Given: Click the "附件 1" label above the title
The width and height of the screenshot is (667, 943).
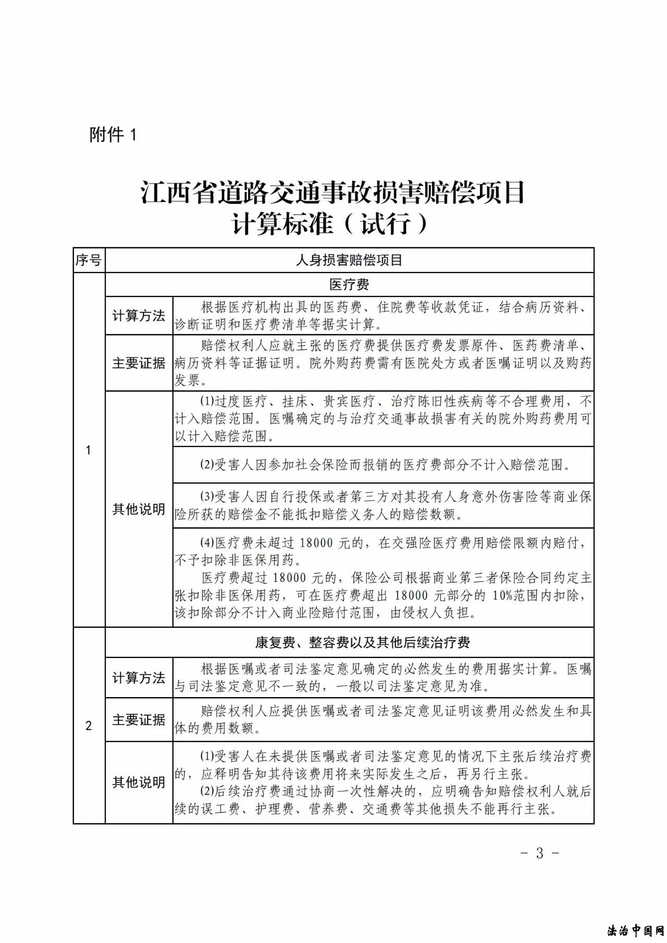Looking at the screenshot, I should point(113,135).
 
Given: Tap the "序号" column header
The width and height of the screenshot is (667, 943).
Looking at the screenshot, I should point(89,260).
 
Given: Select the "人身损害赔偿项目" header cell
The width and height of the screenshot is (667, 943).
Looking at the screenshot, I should point(349,260).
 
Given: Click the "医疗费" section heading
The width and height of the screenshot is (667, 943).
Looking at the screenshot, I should point(349,284).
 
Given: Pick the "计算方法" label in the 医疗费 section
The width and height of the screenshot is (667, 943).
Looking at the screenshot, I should point(139,316).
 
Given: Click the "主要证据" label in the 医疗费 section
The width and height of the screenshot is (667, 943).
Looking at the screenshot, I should point(139,363).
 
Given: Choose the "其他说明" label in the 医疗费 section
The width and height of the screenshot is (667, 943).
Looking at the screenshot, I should point(139,509).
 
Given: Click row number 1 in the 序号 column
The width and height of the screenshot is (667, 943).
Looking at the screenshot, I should point(89,450).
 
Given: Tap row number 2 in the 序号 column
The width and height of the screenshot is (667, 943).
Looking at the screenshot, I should point(89,725).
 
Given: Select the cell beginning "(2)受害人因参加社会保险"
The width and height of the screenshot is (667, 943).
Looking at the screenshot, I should point(383,465).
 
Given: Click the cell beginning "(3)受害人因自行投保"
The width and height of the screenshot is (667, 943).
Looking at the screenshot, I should point(383,505).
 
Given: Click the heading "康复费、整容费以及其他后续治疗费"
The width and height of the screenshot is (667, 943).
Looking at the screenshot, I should point(362,642).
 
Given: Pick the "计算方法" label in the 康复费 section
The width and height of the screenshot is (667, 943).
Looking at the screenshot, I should point(139,678).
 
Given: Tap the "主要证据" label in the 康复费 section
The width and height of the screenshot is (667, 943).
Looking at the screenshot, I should point(139,719).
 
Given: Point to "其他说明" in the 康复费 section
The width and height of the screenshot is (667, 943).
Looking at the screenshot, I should point(139,783).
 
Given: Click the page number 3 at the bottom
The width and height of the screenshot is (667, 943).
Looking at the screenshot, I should point(540,853).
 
